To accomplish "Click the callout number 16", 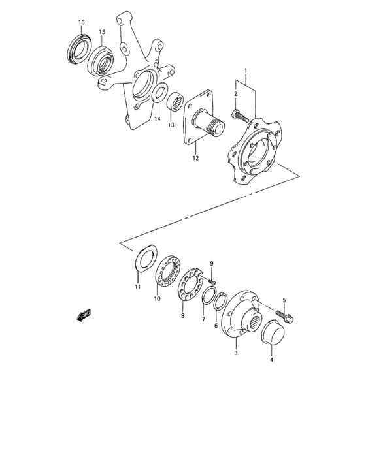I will point(82,23).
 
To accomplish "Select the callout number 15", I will point(102,31).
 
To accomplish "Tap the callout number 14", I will point(157,119).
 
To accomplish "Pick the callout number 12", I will point(195,158).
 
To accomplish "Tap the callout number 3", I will point(237,353).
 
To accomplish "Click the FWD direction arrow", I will point(84,316).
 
